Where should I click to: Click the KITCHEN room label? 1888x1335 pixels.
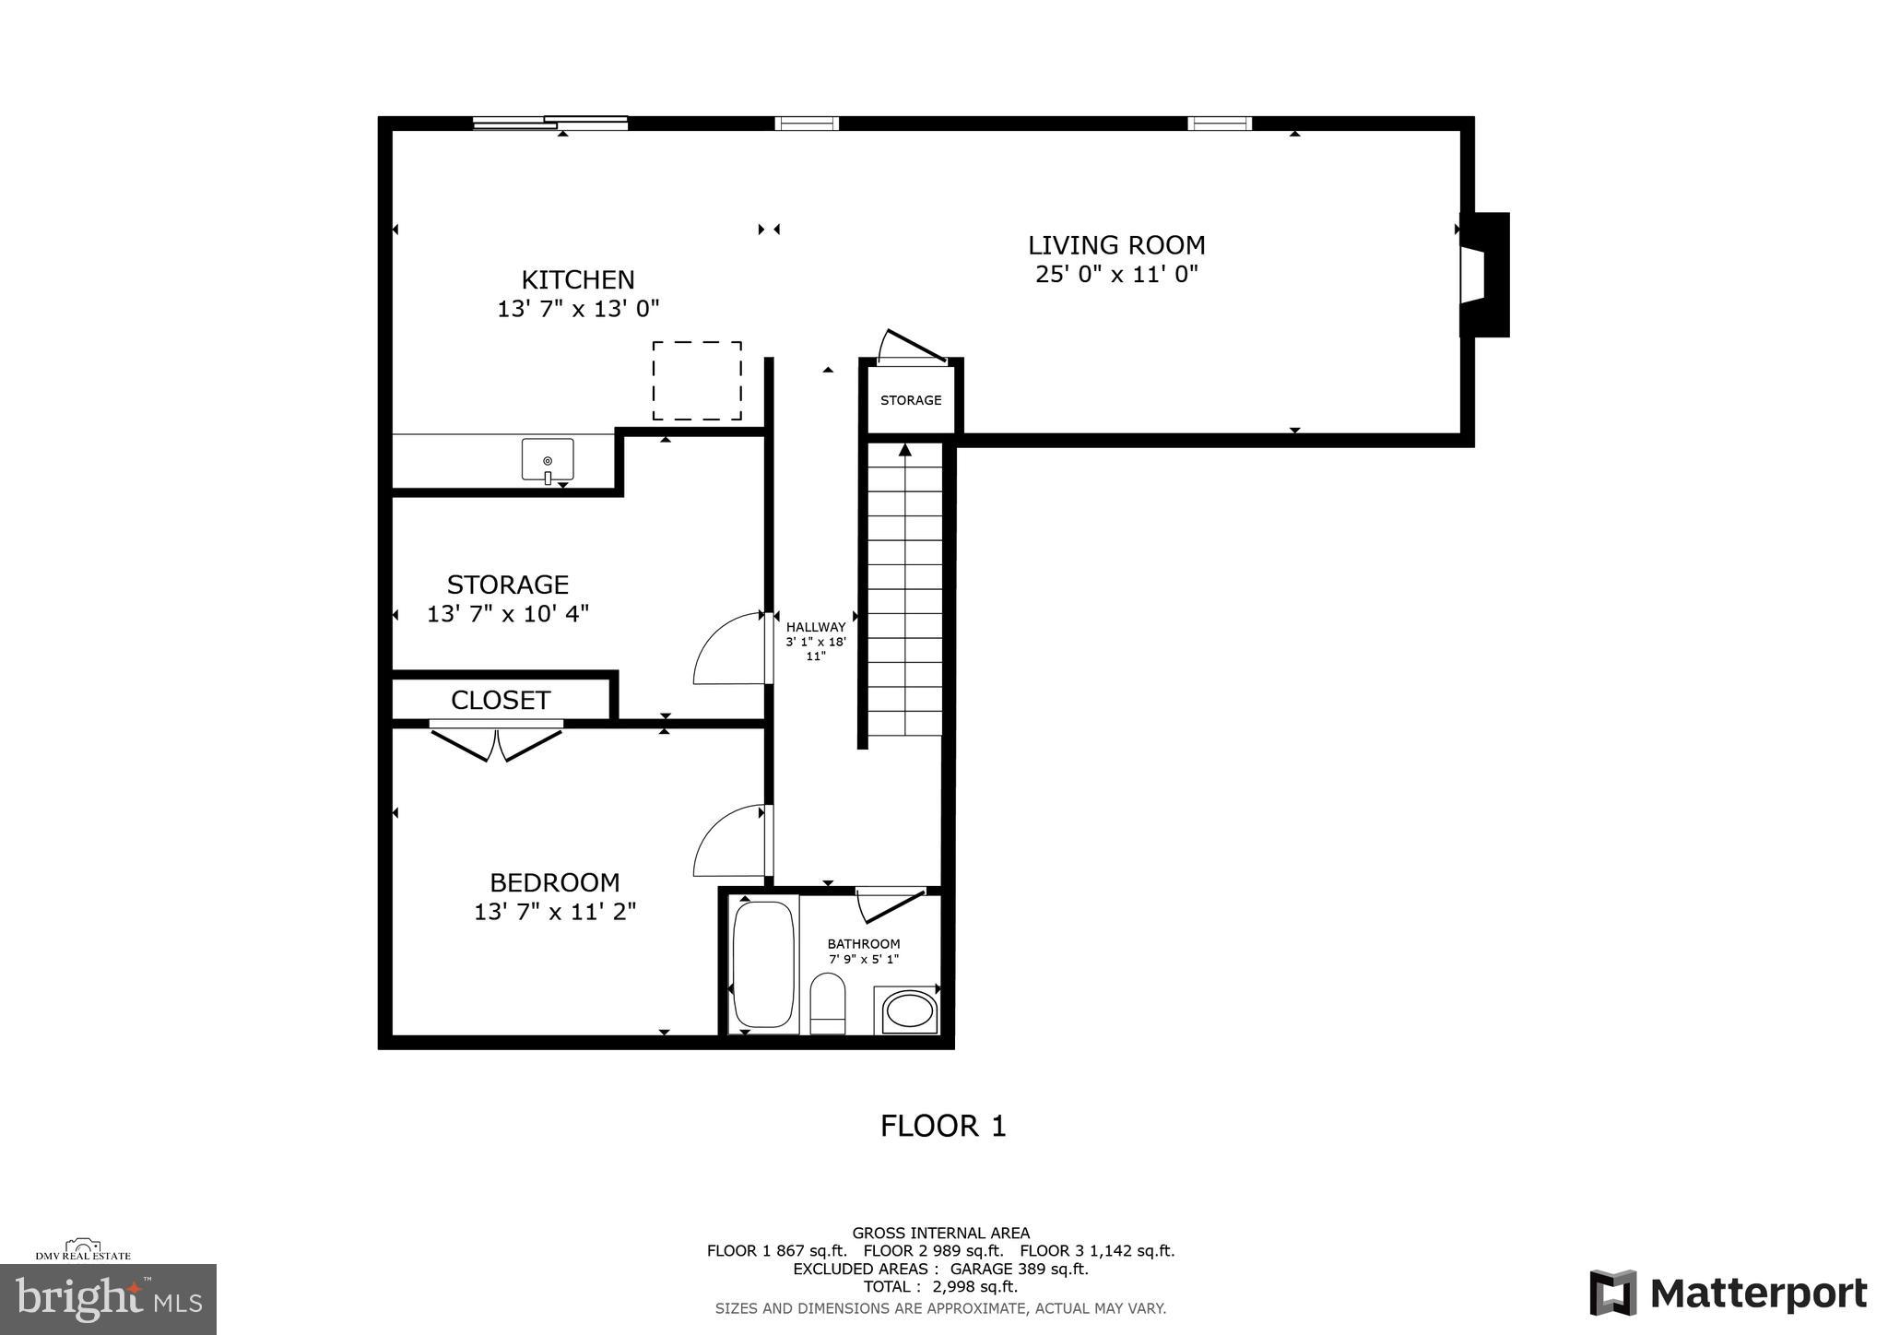click(x=578, y=279)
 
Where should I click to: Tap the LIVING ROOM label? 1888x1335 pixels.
click(x=1116, y=245)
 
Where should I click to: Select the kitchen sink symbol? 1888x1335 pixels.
click(x=548, y=459)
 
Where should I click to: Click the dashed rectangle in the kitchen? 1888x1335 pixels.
click(x=697, y=381)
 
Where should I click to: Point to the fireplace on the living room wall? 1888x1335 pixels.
click(x=1483, y=275)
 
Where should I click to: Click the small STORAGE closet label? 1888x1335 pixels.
click(x=911, y=400)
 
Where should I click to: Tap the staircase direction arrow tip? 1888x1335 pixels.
click(x=905, y=449)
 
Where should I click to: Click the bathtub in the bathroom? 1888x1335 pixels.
click(x=763, y=964)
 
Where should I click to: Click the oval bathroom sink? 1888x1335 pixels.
click(x=909, y=1012)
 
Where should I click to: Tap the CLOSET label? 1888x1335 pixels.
click(x=501, y=701)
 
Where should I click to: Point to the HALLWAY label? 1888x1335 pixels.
click(x=816, y=627)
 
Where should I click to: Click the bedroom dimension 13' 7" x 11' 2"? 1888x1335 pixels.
click(x=555, y=912)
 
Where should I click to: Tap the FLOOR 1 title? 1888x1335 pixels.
click(x=943, y=1126)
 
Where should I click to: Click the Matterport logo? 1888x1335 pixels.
click(x=1729, y=1293)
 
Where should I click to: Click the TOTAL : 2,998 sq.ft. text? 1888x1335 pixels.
click(x=940, y=1286)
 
